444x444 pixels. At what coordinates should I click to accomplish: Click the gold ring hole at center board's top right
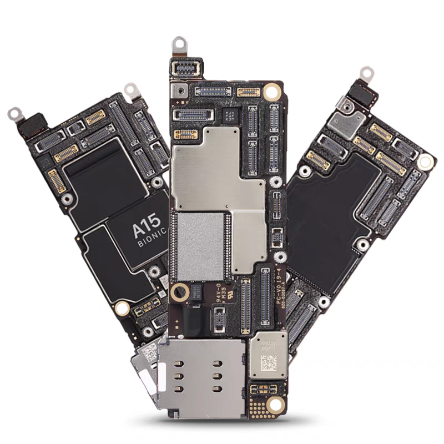pyautogui.click(x=271, y=92)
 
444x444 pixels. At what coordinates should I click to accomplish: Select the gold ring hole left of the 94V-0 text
pyautogui.click(x=178, y=293)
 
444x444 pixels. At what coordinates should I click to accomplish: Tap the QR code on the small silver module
pyautogui.click(x=269, y=363)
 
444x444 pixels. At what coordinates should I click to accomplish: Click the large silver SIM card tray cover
pyautogui.click(x=200, y=377)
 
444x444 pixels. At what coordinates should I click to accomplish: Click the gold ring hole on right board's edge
pyautogui.click(x=425, y=163)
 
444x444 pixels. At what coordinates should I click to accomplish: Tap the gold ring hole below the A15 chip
pyautogui.click(x=122, y=309)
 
